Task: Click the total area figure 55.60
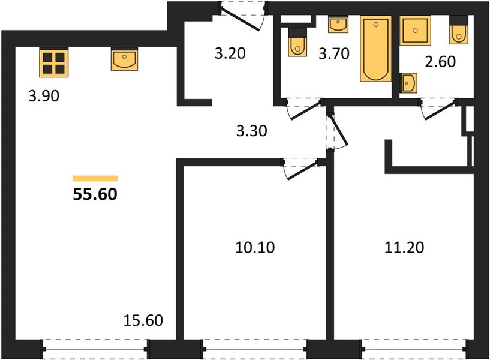95,194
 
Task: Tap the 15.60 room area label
143,320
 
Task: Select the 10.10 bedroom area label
255,247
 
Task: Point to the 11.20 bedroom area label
404,247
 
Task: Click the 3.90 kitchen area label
44,96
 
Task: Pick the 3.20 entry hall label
230,53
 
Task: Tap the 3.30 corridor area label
251,131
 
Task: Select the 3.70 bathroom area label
333,53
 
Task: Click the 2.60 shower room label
440,62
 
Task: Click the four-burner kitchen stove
54,62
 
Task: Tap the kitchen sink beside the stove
124,59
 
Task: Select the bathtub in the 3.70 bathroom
376,49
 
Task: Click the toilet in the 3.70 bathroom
297,42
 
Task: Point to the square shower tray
415,31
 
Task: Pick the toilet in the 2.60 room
459,30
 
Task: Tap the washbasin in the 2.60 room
409,83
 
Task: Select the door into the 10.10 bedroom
302,169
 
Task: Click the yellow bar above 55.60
95,178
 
